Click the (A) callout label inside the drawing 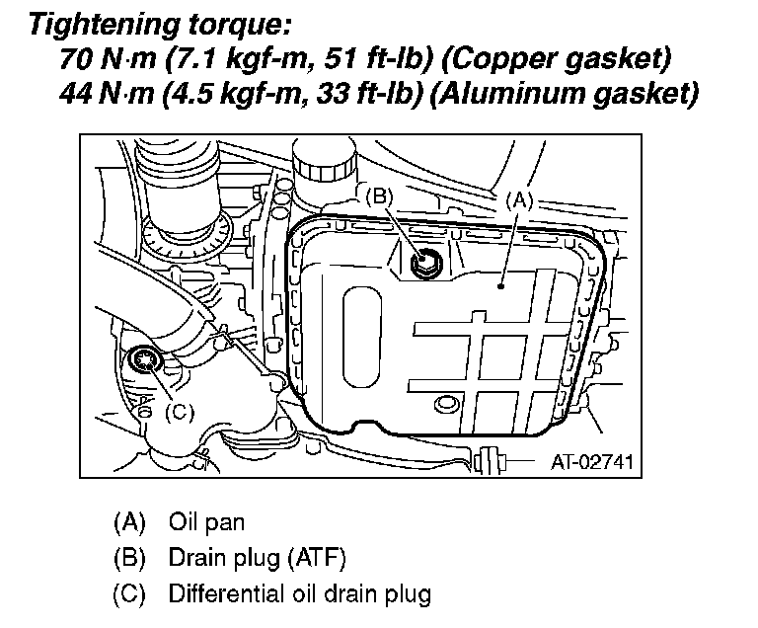(x=519, y=197)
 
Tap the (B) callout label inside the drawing (x=380, y=196)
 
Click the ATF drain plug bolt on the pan (x=427, y=263)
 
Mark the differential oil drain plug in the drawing (x=147, y=360)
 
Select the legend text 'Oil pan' (x=206, y=520)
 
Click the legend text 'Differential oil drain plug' (x=300, y=594)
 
